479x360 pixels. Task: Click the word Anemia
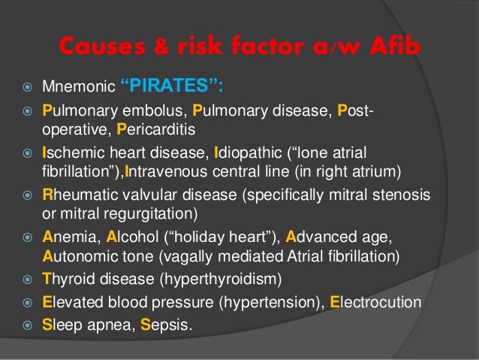click(65, 238)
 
